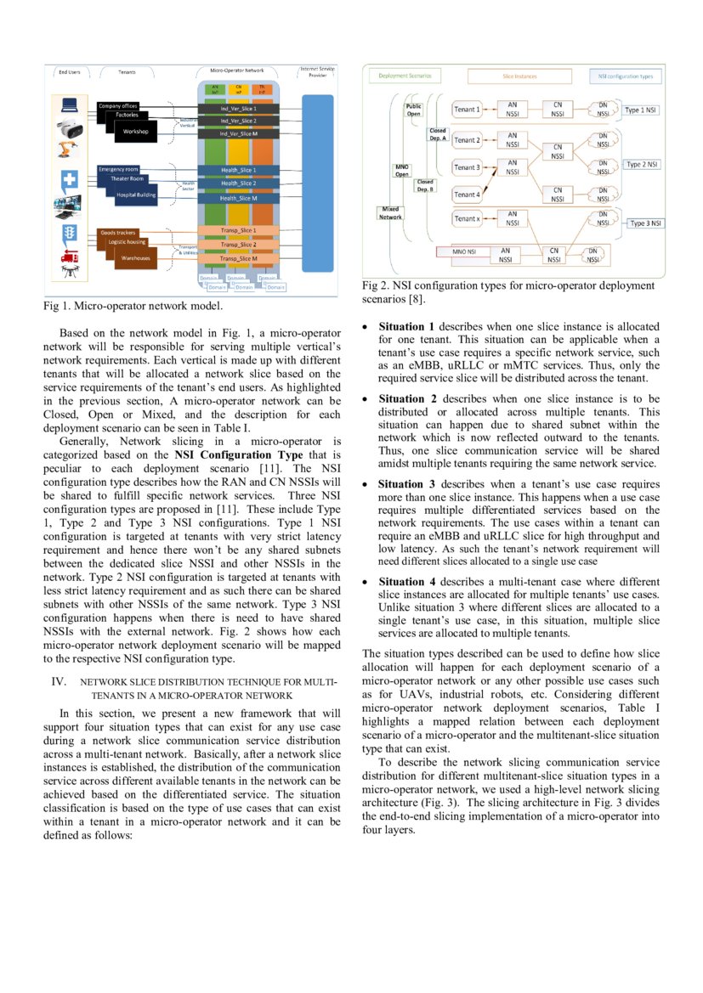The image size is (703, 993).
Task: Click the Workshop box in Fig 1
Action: coord(136,133)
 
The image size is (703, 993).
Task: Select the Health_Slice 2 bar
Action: coord(239,183)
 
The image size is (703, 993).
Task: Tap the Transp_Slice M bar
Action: coord(239,259)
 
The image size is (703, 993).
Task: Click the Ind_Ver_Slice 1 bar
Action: coord(239,109)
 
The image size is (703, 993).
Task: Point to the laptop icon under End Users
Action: coord(69,106)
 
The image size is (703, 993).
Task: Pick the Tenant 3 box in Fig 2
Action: coord(467,167)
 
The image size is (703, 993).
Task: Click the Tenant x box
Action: coord(467,218)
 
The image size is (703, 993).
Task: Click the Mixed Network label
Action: coord(390,212)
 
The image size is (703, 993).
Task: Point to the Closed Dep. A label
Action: coord(437,134)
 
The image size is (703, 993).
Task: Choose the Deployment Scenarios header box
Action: coord(405,76)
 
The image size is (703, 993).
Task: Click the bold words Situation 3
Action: coord(406,484)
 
